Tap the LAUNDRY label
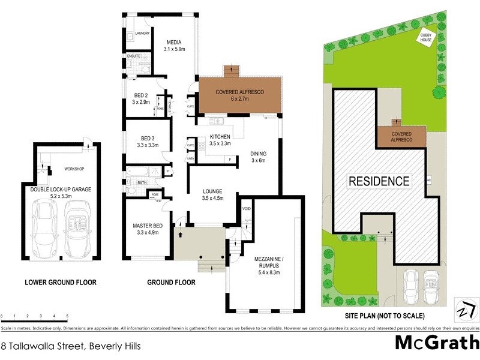click(x=142, y=34)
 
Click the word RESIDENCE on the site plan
click(x=379, y=181)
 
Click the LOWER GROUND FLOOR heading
click(x=60, y=282)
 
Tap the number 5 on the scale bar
click(x=67, y=316)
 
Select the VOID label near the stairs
click(x=246, y=209)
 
